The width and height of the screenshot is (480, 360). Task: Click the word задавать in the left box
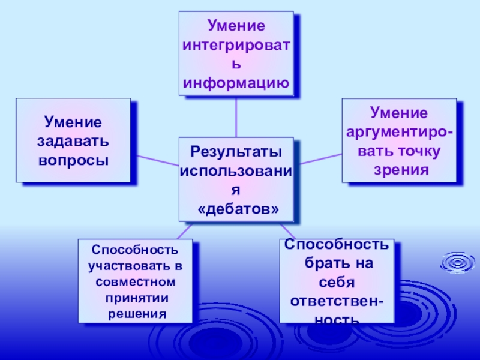pos(73,142)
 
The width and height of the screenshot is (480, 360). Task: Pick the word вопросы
pos(73,161)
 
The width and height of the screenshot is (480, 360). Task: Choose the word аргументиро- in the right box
pos(400,131)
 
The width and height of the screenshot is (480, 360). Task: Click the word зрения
pos(400,169)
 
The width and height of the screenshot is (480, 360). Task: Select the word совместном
pos(136,281)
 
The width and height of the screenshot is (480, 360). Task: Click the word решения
pos(136,313)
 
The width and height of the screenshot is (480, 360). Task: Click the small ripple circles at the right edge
pos(458,262)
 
